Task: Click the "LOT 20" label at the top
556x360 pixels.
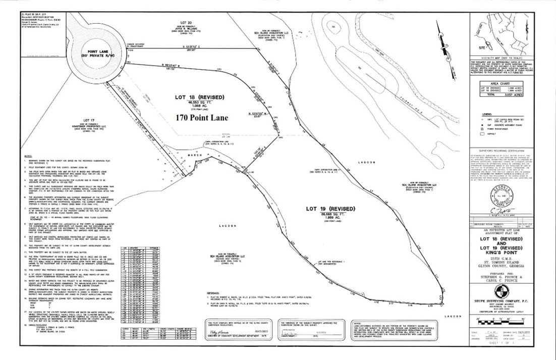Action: click(x=186, y=23)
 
